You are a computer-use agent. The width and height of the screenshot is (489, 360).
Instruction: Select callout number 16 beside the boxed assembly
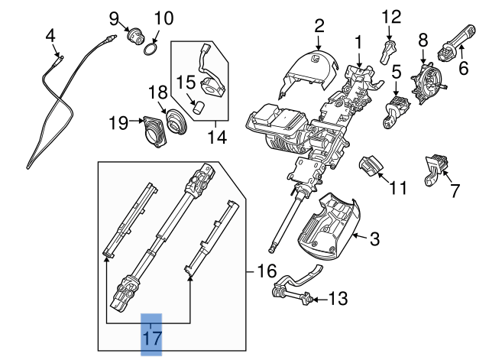click(263, 271)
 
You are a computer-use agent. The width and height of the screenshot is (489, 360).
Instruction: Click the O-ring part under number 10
click(153, 50)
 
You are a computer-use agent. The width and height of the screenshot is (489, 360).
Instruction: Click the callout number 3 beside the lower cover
click(374, 240)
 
